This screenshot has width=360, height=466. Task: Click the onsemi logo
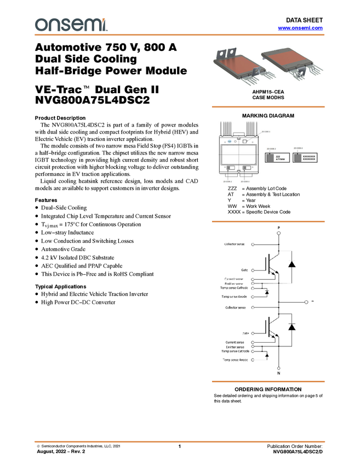pos(71,25)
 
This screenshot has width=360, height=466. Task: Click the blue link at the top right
pos(300,27)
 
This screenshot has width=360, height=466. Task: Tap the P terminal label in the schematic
pos(278,227)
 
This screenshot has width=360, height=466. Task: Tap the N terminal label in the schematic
pos(278,373)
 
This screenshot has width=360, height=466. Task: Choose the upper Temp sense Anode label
pos(235,296)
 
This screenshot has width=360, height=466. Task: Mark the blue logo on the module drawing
pos(230,140)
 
